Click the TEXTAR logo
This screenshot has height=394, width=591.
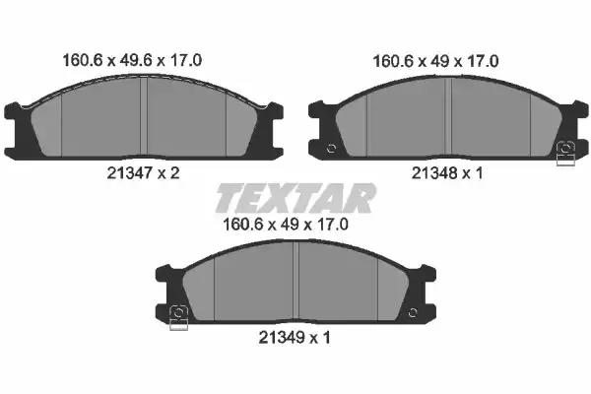[x=295, y=198]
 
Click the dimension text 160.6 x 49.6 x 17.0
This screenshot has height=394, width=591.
[x=132, y=60]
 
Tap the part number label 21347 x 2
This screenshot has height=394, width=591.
[x=143, y=173]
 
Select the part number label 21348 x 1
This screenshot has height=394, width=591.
[x=447, y=173]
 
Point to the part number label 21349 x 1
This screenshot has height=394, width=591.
[x=295, y=338]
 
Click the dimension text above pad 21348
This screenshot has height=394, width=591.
[x=435, y=61]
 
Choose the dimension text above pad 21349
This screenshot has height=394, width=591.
[x=286, y=225]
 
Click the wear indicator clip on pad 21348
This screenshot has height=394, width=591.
[x=565, y=154]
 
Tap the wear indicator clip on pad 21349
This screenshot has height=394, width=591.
[x=178, y=318]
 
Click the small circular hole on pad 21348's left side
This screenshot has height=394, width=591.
[x=331, y=148]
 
